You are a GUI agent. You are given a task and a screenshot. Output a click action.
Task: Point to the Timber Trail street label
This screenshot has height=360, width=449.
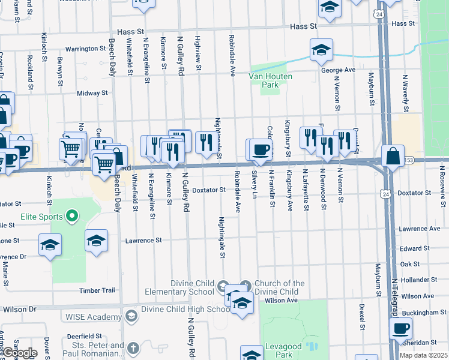(x=97, y=290)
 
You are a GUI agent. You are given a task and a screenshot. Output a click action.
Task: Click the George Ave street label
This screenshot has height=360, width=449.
(x=339, y=70)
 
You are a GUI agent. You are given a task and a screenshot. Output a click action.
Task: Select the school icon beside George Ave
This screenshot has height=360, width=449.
(x=321, y=50)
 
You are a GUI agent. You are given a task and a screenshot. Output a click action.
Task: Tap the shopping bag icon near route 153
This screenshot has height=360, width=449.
(x=392, y=156)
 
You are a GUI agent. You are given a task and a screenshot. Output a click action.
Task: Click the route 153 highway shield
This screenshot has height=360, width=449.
(x=409, y=160)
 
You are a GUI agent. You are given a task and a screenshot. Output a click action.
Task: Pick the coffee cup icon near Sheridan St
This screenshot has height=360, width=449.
(x=400, y=328)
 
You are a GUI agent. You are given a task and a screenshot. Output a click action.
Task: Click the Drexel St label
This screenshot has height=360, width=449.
(x=363, y=318)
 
